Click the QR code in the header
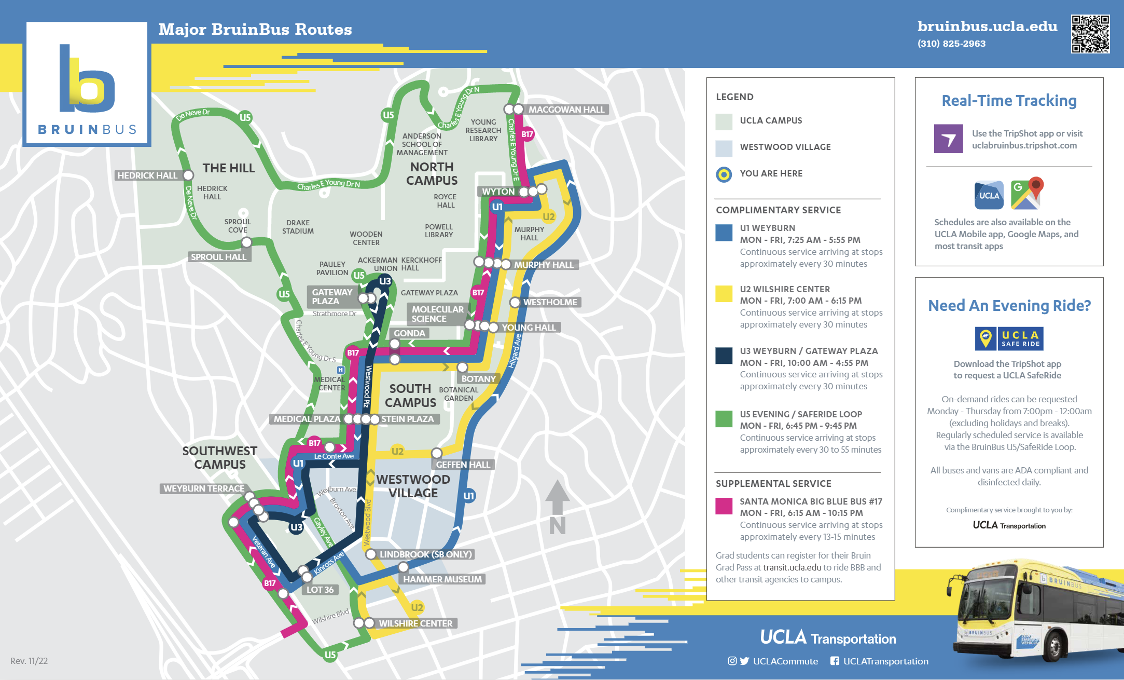[x=1090, y=34]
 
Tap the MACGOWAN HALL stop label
[x=566, y=110]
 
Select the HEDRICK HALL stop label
[x=147, y=175]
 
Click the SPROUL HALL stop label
[x=218, y=257]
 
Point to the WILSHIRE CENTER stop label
[x=415, y=623]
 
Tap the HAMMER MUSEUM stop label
[x=442, y=579]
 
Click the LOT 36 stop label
[x=320, y=590]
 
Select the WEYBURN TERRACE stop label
[x=204, y=488]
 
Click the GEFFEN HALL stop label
[x=463, y=465]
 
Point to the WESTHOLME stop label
[x=550, y=302]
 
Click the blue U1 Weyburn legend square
[x=724, y=233]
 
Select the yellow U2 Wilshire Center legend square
[x=724, y=294]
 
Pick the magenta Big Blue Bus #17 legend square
[x=724, y=506]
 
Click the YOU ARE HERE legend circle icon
[x=724, y=174]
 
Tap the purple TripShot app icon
[x=948, y=139]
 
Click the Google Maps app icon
[x=1026, y=194]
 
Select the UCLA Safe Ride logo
[x=1009, y=339]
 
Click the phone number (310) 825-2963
[x=951, y=44]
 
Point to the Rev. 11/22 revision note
[x=29, y=661]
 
